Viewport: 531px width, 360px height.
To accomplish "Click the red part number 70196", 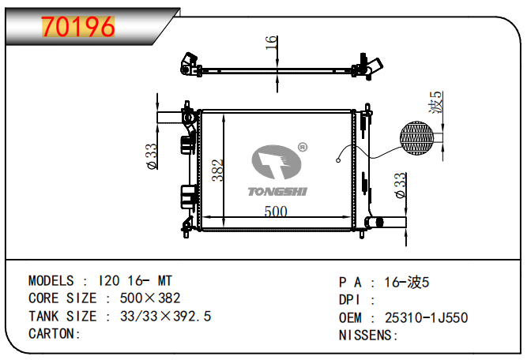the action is (78, 27).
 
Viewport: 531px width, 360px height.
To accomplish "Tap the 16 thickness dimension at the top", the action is (271, 43).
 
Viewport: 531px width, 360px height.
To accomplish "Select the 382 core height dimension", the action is (217, 171).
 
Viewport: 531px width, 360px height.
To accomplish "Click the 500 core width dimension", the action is (276, 212).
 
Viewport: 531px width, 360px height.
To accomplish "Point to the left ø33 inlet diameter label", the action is (151, 156).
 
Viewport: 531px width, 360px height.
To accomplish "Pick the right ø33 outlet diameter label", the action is (400, 186).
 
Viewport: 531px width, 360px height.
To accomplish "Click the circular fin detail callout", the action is (416, 138).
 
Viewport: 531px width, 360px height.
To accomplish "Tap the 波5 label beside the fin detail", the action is (436, 102).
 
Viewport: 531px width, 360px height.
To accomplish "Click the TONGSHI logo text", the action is (277, 192).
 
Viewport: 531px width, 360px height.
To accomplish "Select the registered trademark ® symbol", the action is (303, 147).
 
